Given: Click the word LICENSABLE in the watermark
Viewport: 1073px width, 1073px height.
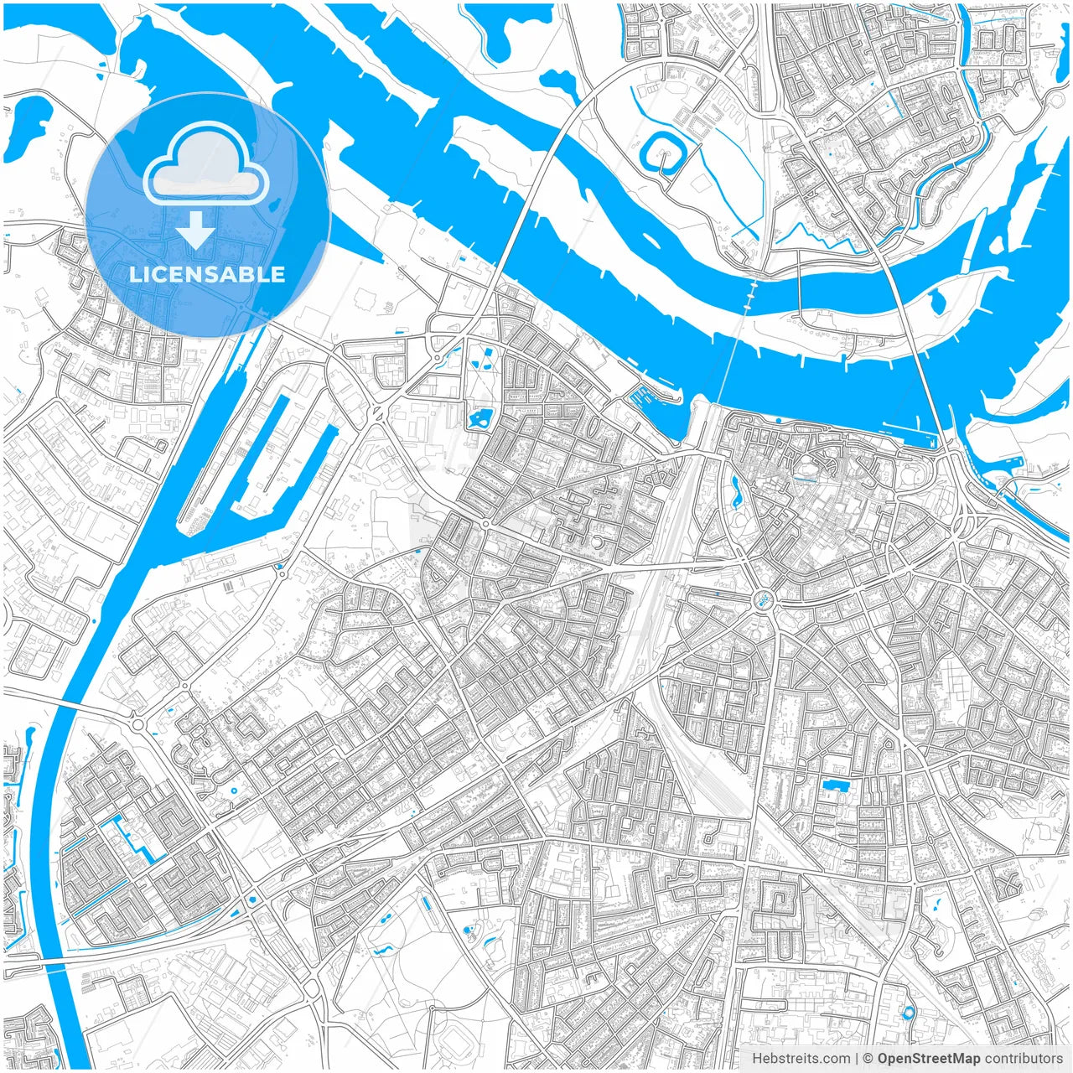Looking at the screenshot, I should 207,274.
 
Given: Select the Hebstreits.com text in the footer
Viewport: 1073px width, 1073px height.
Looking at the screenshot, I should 801,1059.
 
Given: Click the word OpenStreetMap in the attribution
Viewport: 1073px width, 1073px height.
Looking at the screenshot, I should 928,1059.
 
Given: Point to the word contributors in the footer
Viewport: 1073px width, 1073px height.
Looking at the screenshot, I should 1024,1059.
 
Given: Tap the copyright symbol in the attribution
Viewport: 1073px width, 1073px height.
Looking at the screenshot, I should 868,1059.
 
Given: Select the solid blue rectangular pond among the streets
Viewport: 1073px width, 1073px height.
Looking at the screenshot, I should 836,785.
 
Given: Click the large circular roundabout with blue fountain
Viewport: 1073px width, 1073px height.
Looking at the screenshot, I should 763,599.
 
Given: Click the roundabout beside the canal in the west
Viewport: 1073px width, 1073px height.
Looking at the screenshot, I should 137,723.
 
